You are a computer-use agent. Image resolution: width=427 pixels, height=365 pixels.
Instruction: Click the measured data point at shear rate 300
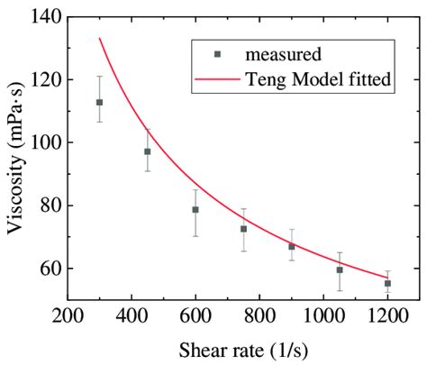click(x=99, y=103)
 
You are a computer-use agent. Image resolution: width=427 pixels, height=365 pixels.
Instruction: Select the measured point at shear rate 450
click(x=147, y=151)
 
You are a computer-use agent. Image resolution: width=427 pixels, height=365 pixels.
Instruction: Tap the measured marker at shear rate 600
click(x=195, y=209)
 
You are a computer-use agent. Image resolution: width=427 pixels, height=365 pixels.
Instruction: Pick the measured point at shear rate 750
click(x=243, y=229)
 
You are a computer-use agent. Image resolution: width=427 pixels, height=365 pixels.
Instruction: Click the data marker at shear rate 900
click(x=291, y=246)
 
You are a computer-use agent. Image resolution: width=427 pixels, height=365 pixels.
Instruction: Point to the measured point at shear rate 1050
click(x=340, y=269)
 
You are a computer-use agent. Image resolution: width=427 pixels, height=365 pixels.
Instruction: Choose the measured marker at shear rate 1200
click(x=387, y=283)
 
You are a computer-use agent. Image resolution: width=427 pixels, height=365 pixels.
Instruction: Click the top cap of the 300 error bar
click(x=99, y=77)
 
